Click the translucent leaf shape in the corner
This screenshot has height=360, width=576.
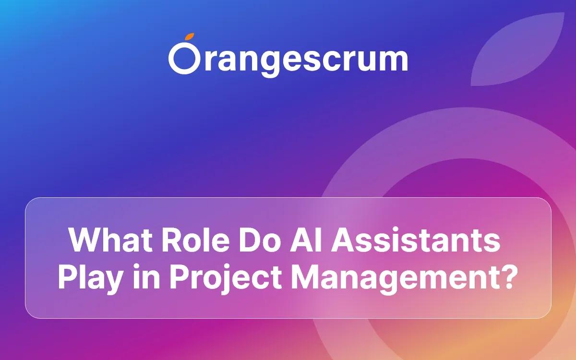coord(521,50)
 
